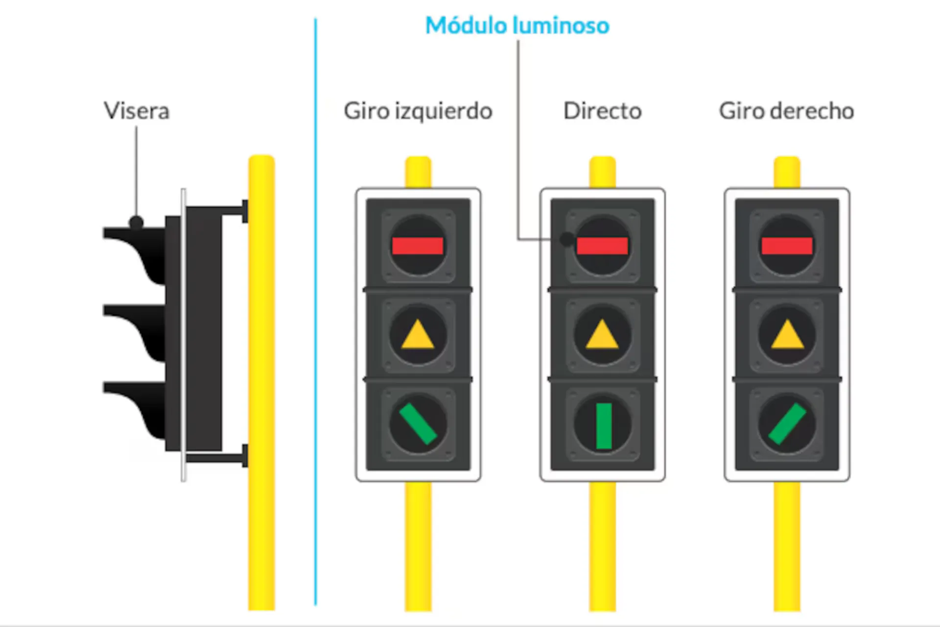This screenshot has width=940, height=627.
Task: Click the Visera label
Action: click(137, 111)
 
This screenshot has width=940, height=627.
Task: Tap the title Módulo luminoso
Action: click(517, 25)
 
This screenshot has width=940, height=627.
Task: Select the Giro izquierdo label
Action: click(418, 111)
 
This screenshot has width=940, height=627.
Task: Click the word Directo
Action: click(602, 111)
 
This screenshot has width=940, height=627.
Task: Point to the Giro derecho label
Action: click(786, 111)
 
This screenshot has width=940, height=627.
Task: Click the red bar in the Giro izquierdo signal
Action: click(418, 246)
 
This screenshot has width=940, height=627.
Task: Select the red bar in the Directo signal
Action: click(602, 246)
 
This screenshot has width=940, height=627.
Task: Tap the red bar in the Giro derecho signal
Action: click(787, 246)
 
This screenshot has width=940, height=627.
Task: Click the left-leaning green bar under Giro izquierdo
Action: click(418, 424)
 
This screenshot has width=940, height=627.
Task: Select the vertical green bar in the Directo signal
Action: click(604, 426)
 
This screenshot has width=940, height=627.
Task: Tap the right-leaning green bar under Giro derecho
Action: click(787, 424)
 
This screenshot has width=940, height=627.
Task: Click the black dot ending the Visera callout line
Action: click(136, 223)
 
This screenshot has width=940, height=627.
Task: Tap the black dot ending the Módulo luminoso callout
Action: click(566, 240)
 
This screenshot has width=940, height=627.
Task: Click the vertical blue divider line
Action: click(316, 313)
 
